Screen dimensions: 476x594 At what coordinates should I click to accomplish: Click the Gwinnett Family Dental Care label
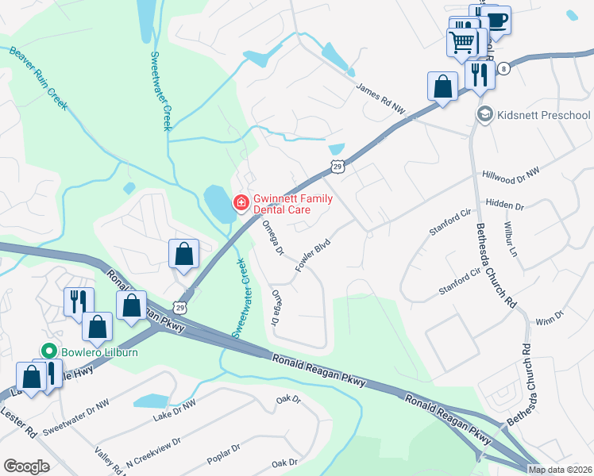293,204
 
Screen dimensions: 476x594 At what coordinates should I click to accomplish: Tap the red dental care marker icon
239,204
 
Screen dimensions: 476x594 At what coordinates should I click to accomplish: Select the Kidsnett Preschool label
544,116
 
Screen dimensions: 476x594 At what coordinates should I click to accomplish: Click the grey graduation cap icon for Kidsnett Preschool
484,116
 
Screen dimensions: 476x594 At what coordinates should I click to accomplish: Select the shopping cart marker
462,41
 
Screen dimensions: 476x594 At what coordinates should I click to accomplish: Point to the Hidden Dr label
505,205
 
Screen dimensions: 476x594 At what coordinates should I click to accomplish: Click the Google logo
26,466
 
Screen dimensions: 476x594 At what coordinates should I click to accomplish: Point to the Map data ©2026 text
560,470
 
